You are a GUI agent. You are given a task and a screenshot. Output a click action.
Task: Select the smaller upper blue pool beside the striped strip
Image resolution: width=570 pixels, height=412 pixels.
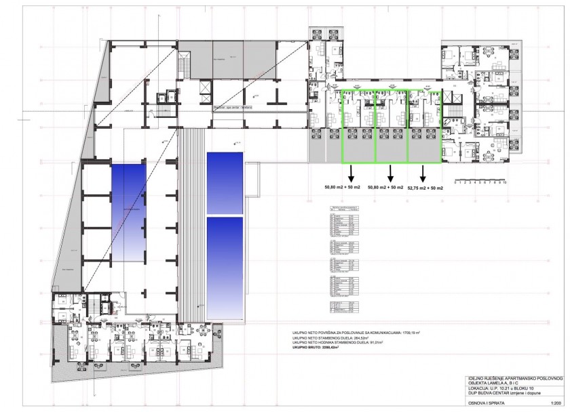point(224,182)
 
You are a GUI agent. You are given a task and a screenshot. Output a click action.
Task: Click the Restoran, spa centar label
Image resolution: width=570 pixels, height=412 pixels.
point(232,106)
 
